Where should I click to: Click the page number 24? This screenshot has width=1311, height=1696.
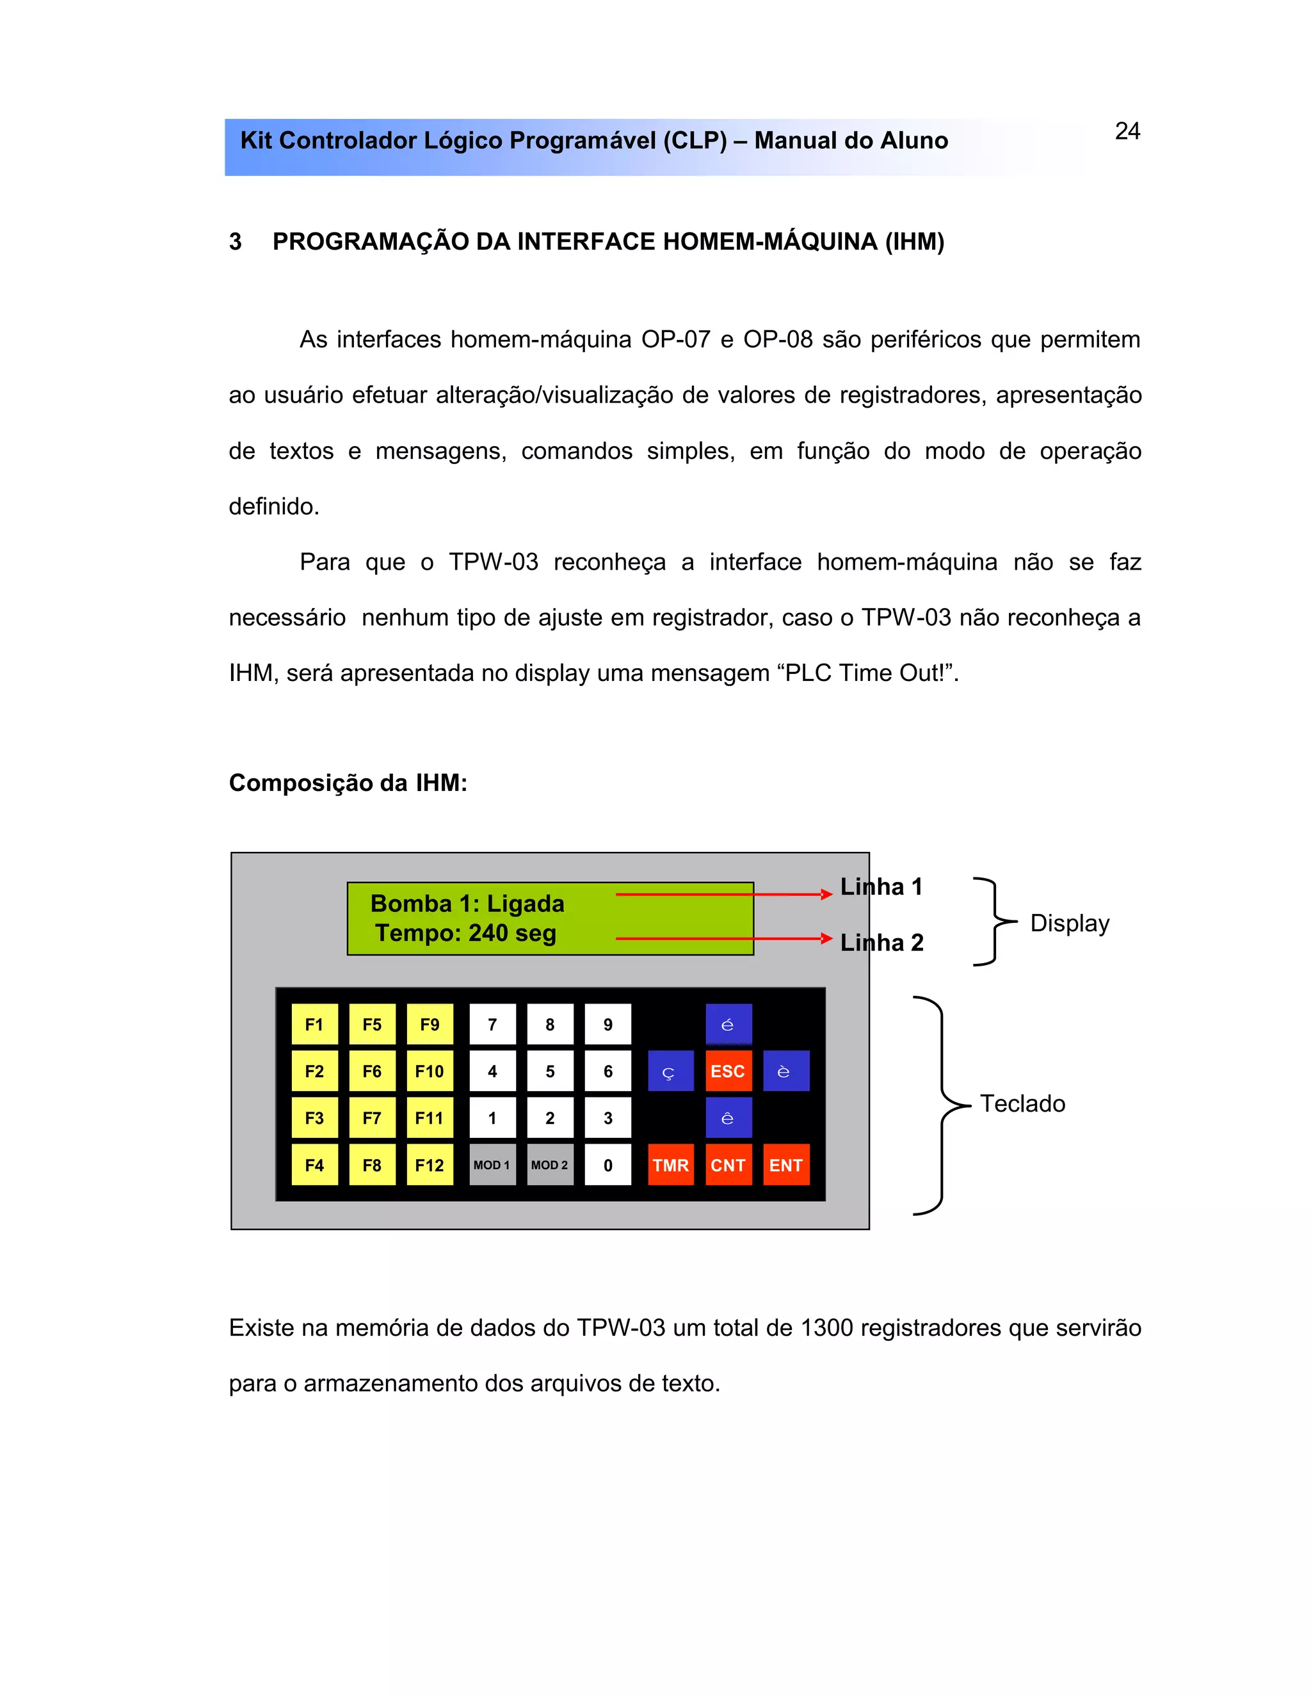click(x=1127, y=131)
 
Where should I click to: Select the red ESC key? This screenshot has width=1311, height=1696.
click(x=728, y=1071)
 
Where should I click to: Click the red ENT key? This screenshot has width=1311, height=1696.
click(x=786, y=1165)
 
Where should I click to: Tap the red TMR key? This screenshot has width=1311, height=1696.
click(x=670, y=1165)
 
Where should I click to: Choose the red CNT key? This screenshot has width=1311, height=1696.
click(x=728, y=1165)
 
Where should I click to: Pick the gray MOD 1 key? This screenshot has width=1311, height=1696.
click(x=492, y=1165)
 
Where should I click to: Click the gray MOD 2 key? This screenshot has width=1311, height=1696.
click(x=550, y=1165)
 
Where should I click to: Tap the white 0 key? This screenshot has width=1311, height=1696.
click(x=607, y=1165)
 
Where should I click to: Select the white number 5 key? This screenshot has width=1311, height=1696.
click(x=550, y=1071)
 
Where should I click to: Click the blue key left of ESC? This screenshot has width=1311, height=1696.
click(x=670, y=1071)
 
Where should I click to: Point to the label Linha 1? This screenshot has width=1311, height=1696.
click(x=881, y=887)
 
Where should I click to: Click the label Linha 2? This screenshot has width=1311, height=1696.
click(x=882, y=943)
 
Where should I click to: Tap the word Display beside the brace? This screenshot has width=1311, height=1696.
click(x=1070, y=924)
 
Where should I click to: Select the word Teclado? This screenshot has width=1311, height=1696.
click(x=1022, y=1103)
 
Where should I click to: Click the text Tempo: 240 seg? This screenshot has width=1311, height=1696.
click(x=466, y=932)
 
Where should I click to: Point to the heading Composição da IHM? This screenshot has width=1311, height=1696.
click(x=348, y=783)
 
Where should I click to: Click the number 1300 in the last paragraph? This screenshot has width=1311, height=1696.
click(x=826, y=1328)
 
